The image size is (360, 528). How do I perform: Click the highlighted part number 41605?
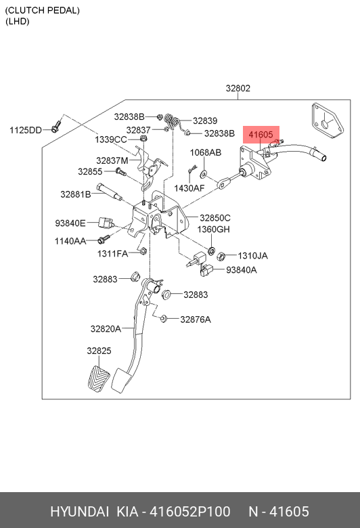[x=261, y=135]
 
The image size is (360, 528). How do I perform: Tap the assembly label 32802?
[x=238, y=88]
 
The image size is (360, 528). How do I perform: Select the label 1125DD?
[x=26, y=130]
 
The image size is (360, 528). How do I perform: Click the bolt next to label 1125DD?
[x=55, y=126]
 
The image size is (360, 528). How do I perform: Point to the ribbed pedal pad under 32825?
[x=99, y=378]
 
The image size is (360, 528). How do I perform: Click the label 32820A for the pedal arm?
[x=106, y=329]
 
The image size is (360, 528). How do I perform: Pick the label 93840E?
[x=70, y=223]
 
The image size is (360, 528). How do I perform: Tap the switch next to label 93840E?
[x=106, y=223]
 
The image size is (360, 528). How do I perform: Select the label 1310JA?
[x=253, y=256]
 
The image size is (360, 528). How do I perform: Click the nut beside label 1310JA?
[x=221, y=257]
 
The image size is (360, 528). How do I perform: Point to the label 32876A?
[x=196, y=320]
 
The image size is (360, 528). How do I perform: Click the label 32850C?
[x=215, y=217]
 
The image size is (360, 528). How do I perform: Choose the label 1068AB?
[x=206, y=152]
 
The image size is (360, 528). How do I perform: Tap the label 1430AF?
[x=189, y=188]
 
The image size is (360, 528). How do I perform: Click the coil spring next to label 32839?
[x=172, y=122]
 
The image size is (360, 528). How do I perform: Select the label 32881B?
[x=76, y=194]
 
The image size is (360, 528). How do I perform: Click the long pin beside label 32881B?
[x=109, y=192]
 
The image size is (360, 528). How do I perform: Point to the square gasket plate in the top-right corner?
[x=327, y=120]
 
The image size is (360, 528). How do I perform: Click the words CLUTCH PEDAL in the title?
[x=43, y=10]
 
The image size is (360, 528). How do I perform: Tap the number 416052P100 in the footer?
[x=190, y=511]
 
